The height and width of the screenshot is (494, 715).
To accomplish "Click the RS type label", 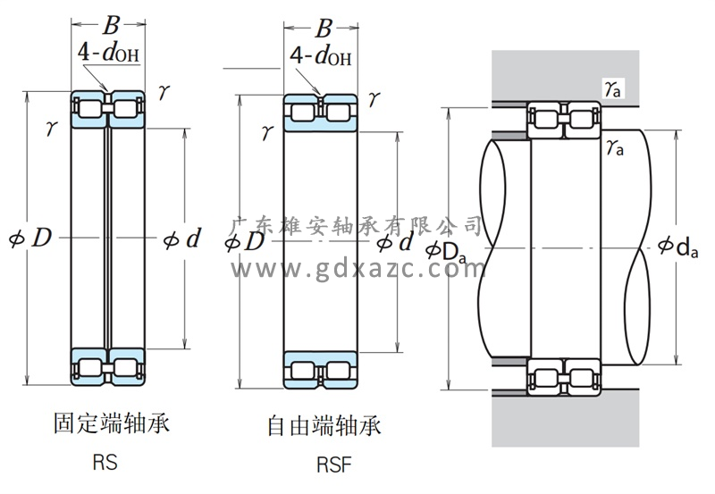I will point(105,464).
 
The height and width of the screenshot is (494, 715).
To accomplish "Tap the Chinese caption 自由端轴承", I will point(324,424).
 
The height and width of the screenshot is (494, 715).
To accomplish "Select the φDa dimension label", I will point(446,253).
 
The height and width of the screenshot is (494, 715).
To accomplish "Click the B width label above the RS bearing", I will point(111,25).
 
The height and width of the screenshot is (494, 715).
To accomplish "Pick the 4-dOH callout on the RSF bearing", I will point(321,58).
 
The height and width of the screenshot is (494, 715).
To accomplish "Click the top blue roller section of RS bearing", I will point(108,108).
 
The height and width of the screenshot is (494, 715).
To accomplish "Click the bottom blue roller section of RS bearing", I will point(108,367).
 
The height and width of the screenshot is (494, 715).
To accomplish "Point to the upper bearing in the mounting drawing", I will point(564,122).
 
